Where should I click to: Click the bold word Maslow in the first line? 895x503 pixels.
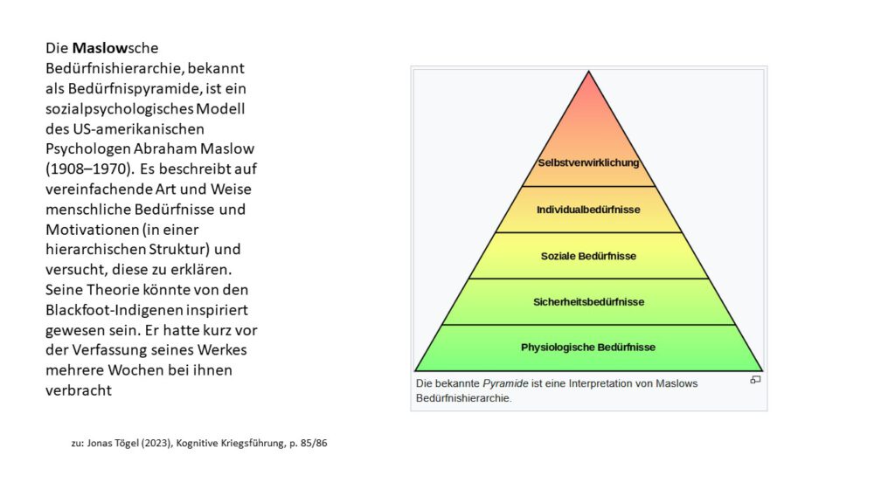(x=100, y=48)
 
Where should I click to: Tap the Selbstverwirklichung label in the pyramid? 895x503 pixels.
(x=588, y=162)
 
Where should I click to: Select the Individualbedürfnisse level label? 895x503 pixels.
(x=588, y=210)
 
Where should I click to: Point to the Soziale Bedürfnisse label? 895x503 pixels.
(x=588, y=256)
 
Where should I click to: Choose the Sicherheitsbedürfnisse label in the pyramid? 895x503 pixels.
(x=588, y=301)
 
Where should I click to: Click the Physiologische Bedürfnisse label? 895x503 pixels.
(x=588, y=348)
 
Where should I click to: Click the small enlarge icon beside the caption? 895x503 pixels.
(x=755, y=380)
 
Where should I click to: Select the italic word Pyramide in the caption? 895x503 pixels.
(x=505, y=384)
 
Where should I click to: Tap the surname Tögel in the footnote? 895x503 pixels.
(x=126, y=443)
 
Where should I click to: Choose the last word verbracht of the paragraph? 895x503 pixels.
(x=79, y=390)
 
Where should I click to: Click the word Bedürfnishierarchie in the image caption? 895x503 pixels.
(x=463, y=398)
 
